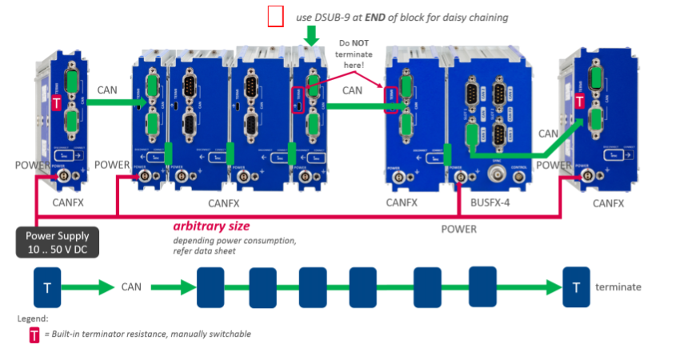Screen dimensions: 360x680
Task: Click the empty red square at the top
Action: [276, 17]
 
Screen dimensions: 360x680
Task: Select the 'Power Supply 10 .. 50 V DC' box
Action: [58, 242]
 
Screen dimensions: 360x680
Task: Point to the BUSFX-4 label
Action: [491, 202]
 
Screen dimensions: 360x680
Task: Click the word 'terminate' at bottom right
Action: [618, 286]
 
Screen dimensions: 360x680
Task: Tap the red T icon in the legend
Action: [34, 334]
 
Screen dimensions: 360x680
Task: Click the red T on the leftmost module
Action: [57, 102]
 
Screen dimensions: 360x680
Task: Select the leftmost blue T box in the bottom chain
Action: [47, 286]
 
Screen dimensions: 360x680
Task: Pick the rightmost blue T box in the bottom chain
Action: [576, 286]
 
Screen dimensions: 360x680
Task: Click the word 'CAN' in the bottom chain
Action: [133, 286]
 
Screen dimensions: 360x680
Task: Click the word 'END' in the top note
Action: [376, 17]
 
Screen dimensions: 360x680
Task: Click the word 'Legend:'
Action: [33, 318]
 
